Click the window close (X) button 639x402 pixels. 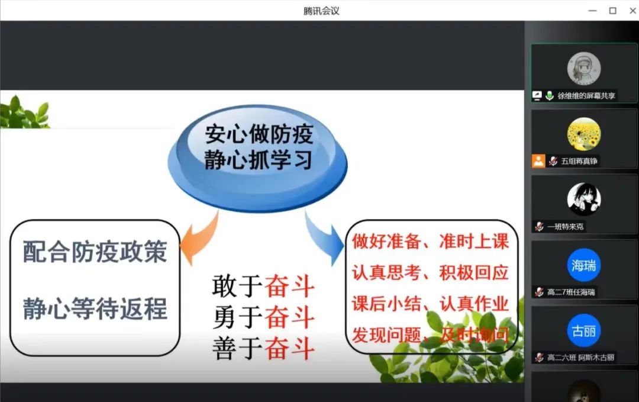point(633,11)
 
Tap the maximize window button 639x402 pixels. point(612,11)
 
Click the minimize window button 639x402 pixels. point(592,11)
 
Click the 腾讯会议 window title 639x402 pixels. point(321,11)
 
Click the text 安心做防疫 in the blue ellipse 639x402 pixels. point(259,134)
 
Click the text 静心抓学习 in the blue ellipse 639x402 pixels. point(258,160)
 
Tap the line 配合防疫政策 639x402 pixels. point(95,252)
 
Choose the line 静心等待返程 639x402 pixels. point(95,308)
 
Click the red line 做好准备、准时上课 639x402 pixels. point(430,242)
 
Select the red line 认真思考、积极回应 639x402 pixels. point(430,273)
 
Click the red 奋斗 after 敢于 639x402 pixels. point(290,286)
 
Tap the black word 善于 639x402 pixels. point(237,349)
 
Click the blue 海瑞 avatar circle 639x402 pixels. point(583,265)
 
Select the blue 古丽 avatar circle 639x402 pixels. point(583,330)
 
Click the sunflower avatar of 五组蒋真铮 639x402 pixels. point(583,134)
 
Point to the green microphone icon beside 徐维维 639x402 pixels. point(549,95)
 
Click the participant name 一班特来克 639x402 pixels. point(565,227)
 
